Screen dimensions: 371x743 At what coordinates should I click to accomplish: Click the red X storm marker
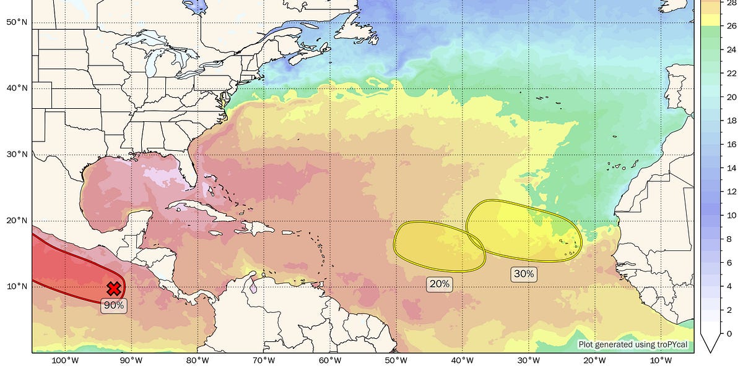click(113, 288)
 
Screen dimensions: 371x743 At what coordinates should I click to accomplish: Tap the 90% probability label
click(114, 305)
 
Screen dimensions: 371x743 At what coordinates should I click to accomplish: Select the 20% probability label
click(439, 284)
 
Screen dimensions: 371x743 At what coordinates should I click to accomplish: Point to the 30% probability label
click(523, 274)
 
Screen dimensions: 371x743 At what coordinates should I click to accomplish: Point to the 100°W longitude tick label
click(64, 361)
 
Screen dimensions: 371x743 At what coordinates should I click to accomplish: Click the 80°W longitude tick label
click(197, 361)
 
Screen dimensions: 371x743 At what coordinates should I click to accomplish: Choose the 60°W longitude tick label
click(330, 361)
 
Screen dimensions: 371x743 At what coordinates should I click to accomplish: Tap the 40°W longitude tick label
click(463, 361)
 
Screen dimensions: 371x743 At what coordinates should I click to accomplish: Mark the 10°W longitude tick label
click(661, 361)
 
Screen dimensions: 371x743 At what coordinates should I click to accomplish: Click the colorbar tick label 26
click(731, 25)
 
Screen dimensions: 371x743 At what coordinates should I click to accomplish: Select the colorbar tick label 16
click(731, 144)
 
